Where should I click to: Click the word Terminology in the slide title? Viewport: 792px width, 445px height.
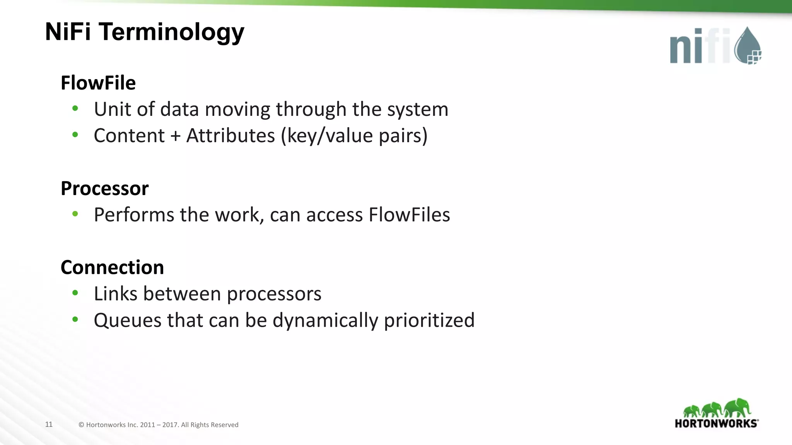[171, 32]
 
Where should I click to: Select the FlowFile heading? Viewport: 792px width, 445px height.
[98, 83]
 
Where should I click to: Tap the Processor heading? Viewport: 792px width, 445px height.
[104, 189]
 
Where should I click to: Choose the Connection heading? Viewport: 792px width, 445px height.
[112, 268]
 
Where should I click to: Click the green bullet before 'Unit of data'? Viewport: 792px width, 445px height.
[75, 109]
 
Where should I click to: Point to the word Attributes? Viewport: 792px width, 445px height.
[230, 136]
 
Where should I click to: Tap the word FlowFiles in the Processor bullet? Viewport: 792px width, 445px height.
[409, 215]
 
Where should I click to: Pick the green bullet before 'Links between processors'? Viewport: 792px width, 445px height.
[75, 293]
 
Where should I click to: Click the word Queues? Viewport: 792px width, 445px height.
[128, 321]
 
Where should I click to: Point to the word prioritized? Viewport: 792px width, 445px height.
[429, 321]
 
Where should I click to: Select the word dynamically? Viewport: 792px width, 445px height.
[325, 321]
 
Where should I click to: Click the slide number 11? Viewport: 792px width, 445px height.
[49, 425]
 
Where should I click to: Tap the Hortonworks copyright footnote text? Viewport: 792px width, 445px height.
[159, 425]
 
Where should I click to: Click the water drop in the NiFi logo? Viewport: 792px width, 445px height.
[747, 46]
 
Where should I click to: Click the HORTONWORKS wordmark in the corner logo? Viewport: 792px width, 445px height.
[716, 423]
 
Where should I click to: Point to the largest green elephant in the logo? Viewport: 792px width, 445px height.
[737, 408]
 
